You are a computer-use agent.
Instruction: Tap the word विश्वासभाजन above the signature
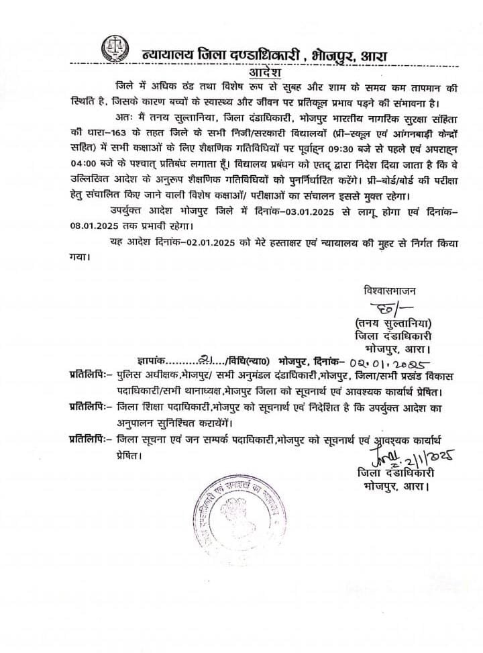[389, 291]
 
